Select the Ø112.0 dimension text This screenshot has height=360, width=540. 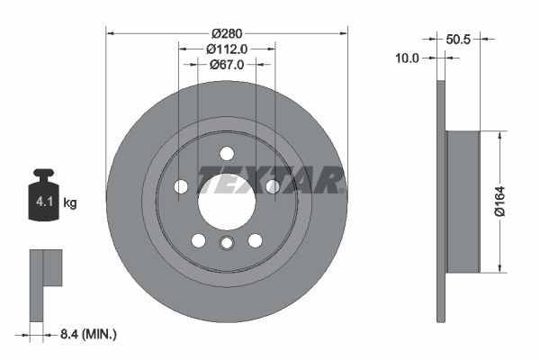point(227,49)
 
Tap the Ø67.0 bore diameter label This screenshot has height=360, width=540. point(227,65)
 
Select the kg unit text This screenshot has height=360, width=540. point(70,203)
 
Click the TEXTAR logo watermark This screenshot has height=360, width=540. point(270,180)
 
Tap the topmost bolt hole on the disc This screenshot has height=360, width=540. point(227,152)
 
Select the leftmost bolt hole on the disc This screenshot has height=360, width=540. point(181,186)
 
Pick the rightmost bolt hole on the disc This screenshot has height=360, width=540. point(272,186)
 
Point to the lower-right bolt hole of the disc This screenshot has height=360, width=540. point(255,239)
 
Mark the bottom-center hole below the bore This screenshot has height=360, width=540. point(227,243)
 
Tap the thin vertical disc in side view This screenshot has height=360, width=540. point(441,202)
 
